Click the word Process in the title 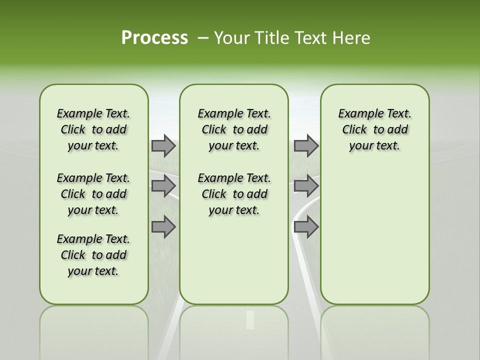(x=154, y=38)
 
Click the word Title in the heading (x=270, y=38)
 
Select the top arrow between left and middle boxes (x=163, y=146)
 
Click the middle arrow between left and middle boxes (x=163, y=186)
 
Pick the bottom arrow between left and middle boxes (x=163, y=227)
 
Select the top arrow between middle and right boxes (x=306, y=146)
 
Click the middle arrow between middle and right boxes (x=306, y=186)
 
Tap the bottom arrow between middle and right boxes (x=306, y=227)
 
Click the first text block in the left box (x=93, y=130)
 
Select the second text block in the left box (x=93, y=194)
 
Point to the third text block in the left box (x=93, y=255)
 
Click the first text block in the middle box (x=234, y=130)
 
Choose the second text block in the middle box (x=234, y=194)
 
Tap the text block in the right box (x=375, y=130)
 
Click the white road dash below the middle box (x=250, y=320)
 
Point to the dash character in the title (x=203, y=38)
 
